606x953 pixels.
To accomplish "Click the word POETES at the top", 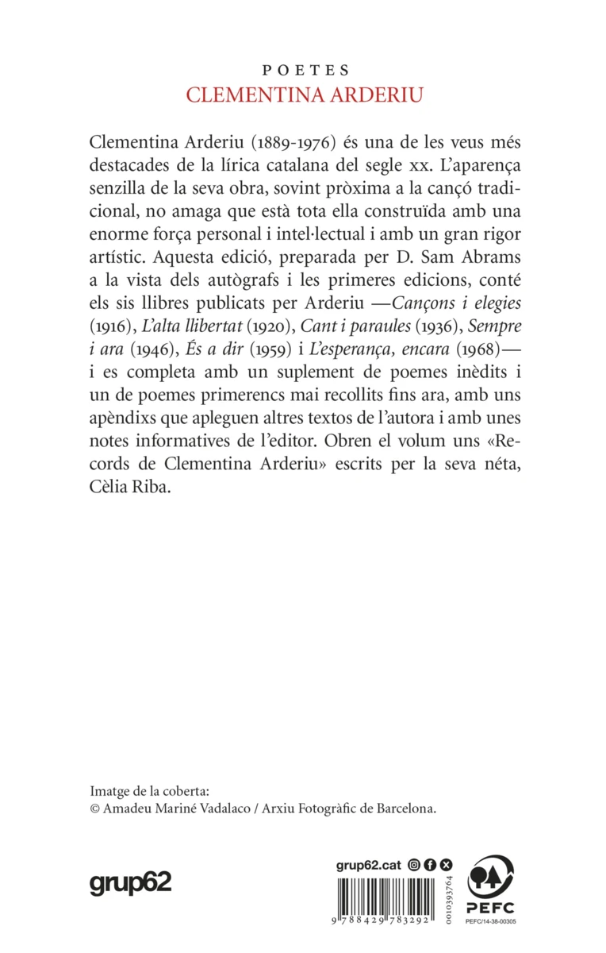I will (302, 71).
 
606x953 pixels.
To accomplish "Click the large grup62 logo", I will (130, 882).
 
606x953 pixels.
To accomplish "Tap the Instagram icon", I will (412, 865).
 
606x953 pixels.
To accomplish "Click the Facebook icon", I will (429, 865).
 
